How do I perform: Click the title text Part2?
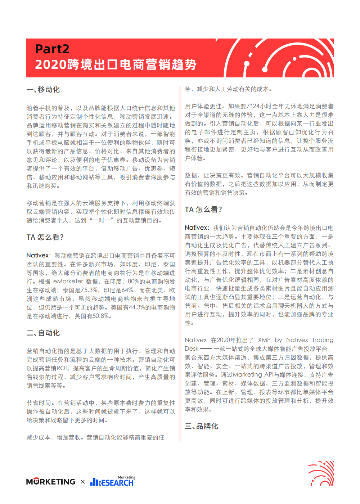[x=52, y=49]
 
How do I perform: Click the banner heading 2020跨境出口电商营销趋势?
[x=116, y=65]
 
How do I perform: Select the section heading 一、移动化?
[x=43, y=90]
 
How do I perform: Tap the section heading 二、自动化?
[x=43, y=333]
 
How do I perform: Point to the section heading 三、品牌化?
[x=202, y=426]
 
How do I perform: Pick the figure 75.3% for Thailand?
[x=90, y=290]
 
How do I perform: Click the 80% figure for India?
[x=134, y=282]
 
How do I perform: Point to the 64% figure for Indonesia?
[x=127, y=290]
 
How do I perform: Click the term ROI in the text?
[x=62, y=368]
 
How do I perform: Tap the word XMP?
[x=264, y=340]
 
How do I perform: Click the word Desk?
[x=192, y=349]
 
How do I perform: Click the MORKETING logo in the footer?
[x=51, y=482]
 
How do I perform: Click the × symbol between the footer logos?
[x=83, y=482]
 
